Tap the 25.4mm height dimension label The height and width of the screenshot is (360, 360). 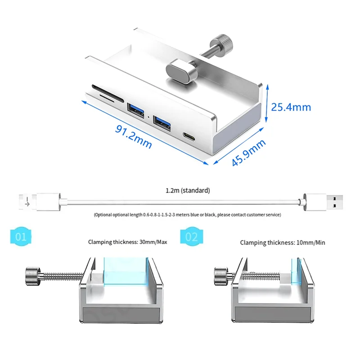(x=290, y=107)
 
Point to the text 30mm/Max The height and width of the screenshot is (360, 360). (x=154, y=243)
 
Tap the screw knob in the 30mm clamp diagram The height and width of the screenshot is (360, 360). (x=33, y=275)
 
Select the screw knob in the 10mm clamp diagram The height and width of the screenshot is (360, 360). (x=220, y=275)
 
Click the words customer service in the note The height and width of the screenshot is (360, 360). (x=264, y=215)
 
